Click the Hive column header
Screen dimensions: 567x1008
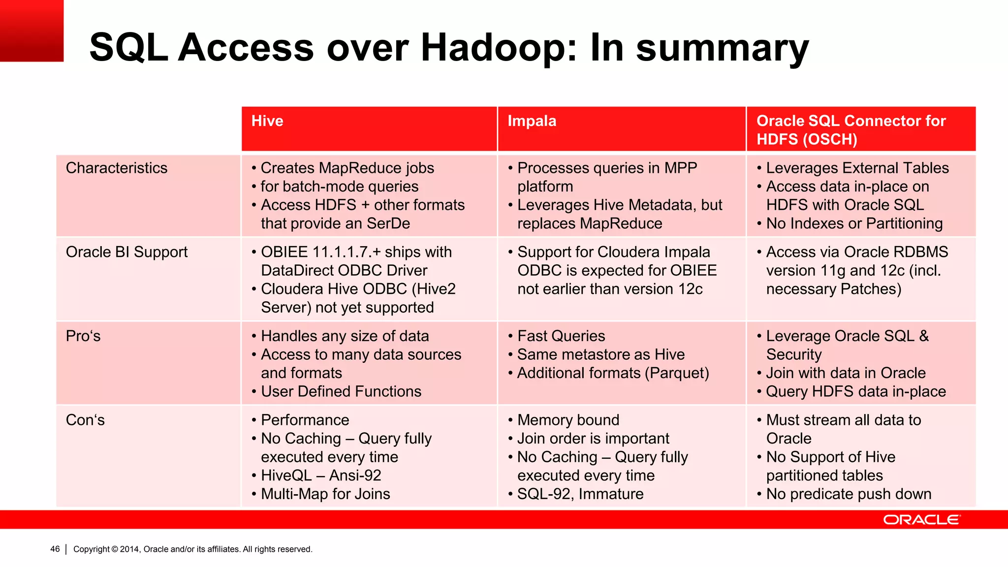pos(267,121)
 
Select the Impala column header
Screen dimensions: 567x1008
pos(532,121)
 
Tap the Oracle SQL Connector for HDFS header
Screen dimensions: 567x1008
pos(850,130)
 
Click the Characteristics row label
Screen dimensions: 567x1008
pos(117,168)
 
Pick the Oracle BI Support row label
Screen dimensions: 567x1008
pos(126,252)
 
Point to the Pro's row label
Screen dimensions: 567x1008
pos(83,336)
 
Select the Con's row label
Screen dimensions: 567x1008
pos(85,420)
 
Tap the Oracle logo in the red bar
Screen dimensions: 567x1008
pos(921,520)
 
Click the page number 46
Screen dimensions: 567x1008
pos(55,549)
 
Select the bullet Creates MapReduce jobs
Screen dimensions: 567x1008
pos(347,168)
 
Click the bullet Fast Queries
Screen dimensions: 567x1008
pos(561,336)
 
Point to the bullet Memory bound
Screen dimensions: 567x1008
pos(568,420)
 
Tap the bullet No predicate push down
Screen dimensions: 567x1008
pos(849,494)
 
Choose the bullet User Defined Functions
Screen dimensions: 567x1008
pos(341,392)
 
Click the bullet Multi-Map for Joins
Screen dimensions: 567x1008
pos(325,494)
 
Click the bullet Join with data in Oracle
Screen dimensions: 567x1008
pos(846,373)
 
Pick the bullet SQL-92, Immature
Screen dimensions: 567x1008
pos(580,494)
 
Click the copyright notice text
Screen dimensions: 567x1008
pos(192,549)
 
